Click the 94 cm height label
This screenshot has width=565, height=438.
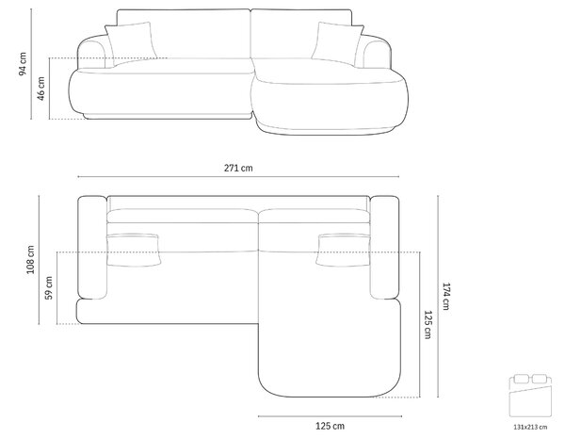(x=23, y=64)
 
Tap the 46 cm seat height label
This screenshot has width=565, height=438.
(x=40, y=89)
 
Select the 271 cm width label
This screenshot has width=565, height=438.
(x=238, y=168)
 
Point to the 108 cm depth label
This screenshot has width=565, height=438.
(x=30, y=260)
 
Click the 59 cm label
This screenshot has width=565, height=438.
(x=49, y=287)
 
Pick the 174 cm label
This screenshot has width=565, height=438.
(x=446, y=297)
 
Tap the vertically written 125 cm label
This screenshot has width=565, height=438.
(x=428, y=325)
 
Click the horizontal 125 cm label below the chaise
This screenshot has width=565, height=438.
(x=331, y=426)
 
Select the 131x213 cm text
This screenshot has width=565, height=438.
(x=530, y=428)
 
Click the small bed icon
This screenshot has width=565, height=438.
(x=530, y=396)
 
